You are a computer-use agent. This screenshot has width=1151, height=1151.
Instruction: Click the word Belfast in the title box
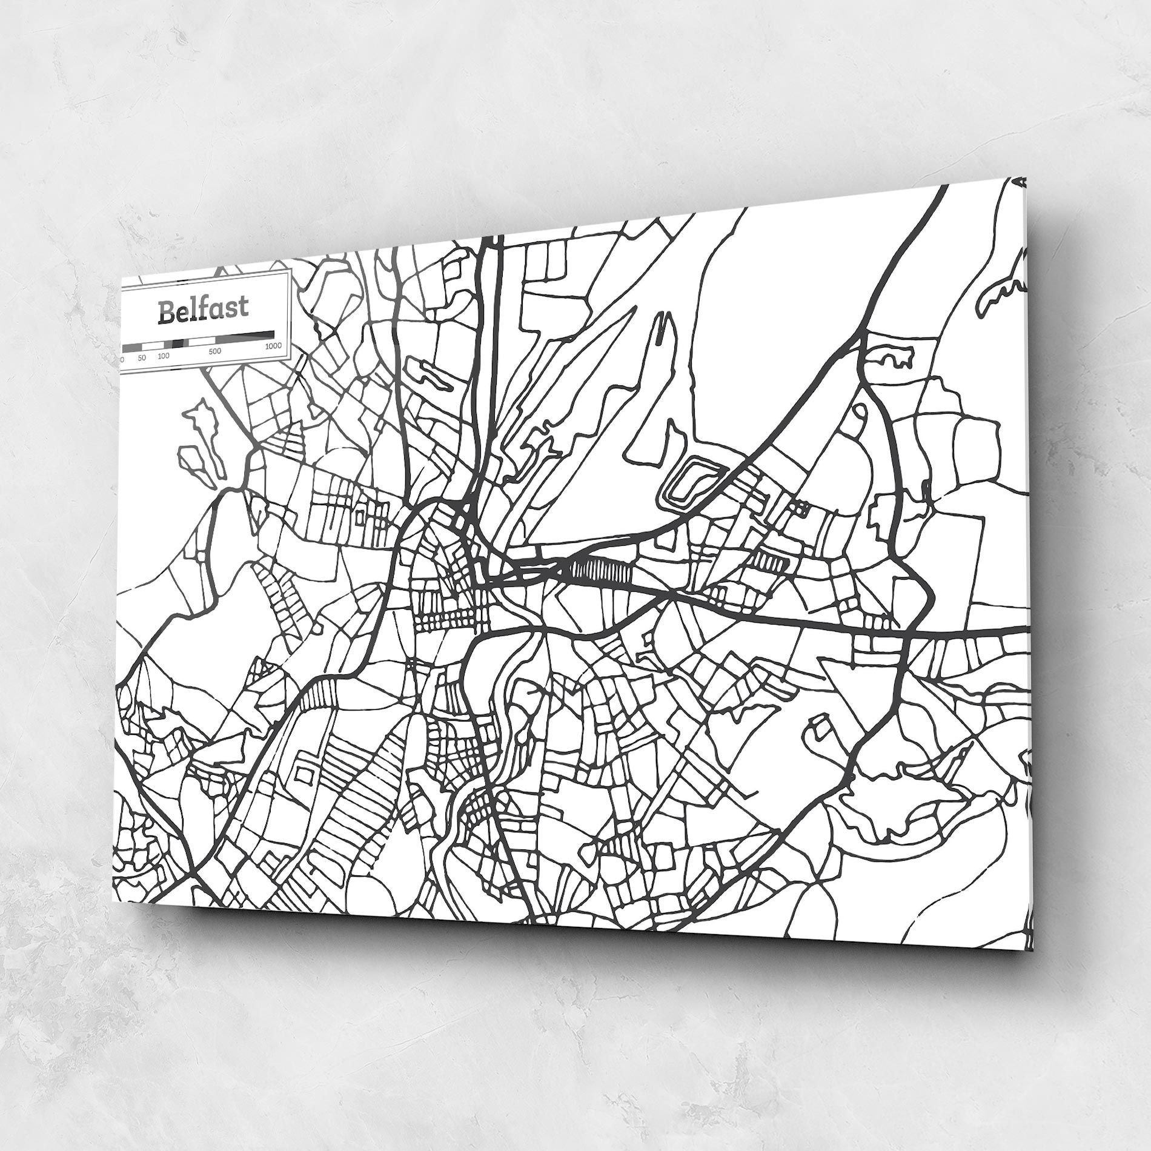(x=202, y=309)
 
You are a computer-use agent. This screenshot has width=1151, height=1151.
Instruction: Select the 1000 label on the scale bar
(x=273, y=346)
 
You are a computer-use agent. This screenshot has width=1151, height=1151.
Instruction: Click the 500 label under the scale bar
(x=214, y=350)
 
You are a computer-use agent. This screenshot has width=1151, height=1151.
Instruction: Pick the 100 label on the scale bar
(x=164, y=356)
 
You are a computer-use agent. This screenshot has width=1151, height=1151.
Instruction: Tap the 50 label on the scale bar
(x=142, y=357)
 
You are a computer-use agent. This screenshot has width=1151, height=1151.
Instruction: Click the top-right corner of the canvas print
(x=1026, y=177)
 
